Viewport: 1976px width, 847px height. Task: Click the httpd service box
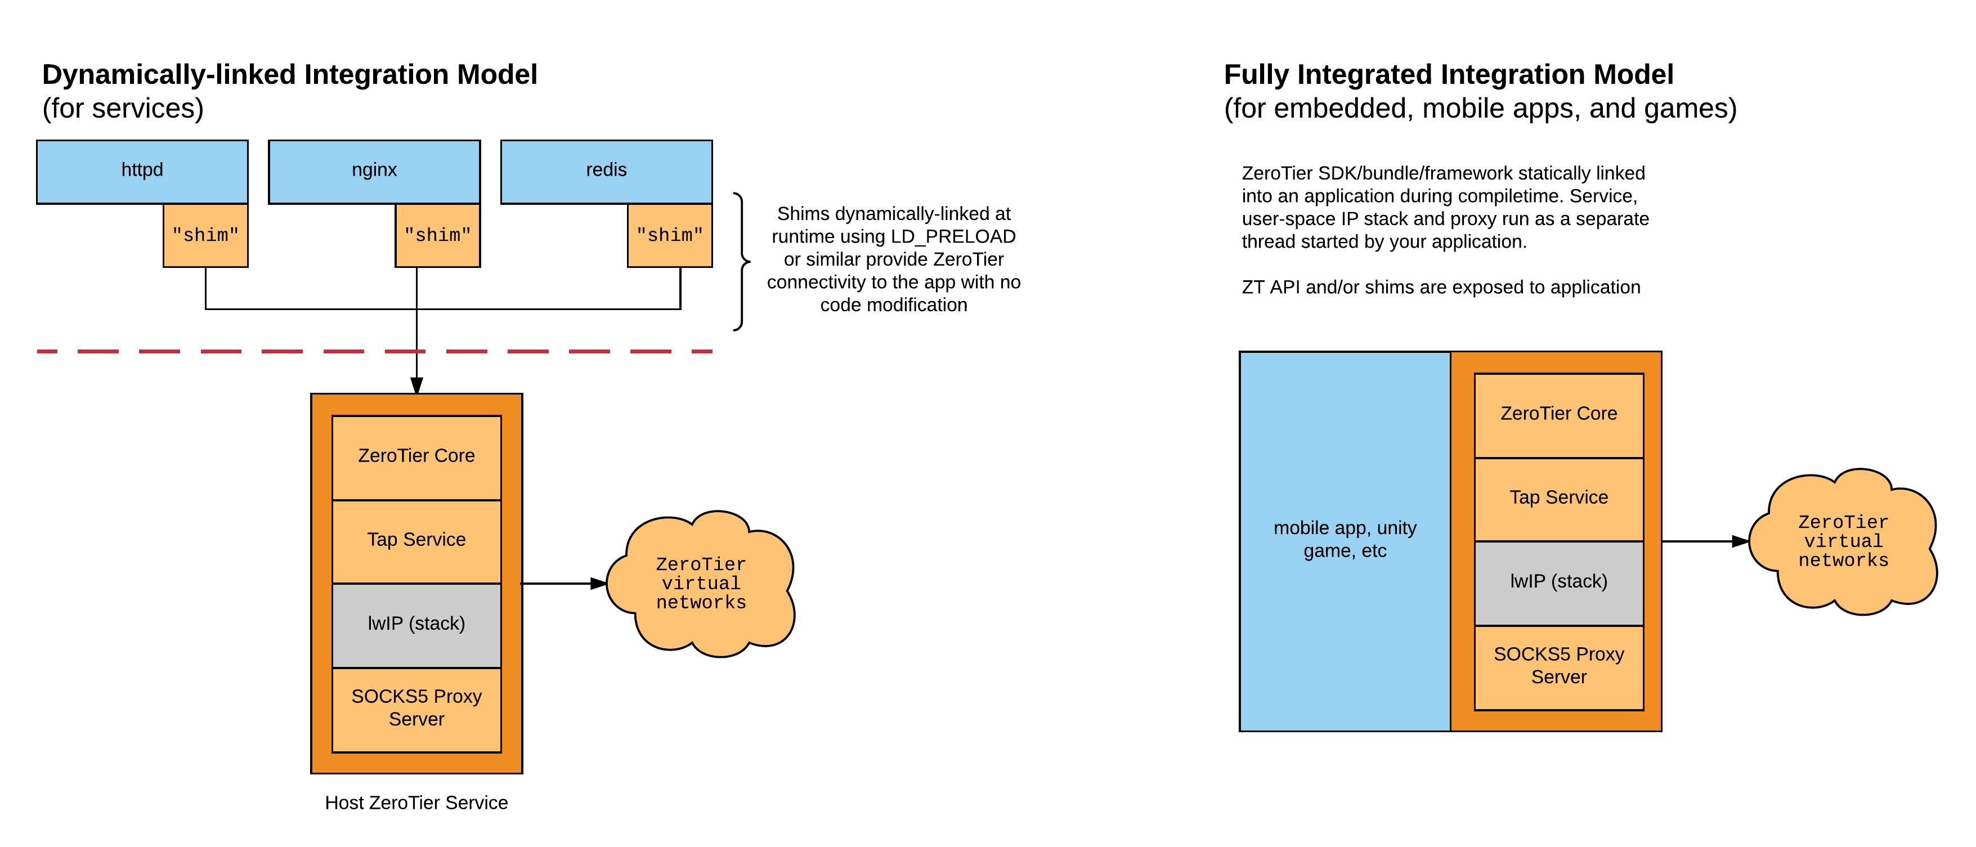point(142,171)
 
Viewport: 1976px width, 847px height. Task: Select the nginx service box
point(374,171)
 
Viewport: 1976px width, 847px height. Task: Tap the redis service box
point(606,171)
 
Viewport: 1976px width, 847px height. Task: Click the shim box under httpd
point(205,235)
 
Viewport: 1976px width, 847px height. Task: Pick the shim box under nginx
point(437,235)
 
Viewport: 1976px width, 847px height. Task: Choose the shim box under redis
point(670,235)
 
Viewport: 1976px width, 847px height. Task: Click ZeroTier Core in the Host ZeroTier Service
point(416,456)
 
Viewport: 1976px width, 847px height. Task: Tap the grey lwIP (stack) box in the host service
point(416,624)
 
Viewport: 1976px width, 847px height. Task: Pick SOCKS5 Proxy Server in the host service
point(416,708)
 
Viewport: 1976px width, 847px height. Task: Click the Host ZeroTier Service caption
point(416,803)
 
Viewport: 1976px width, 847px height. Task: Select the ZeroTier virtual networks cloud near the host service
point(700,584)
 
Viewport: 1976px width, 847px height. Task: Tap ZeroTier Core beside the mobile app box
point(1559,414)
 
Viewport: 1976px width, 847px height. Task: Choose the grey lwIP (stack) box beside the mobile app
point(1559,581)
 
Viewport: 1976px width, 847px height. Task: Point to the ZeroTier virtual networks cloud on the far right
point(1843,541)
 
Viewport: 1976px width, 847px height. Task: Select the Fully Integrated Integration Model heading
point(1448,74)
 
